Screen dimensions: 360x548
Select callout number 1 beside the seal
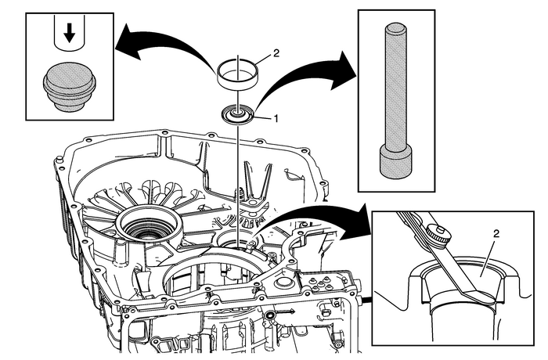point(276,118)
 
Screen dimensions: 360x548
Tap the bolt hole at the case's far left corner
point(58,162)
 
